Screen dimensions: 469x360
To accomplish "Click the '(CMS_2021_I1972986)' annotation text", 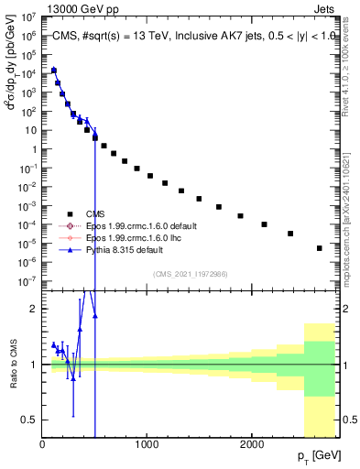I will pos(191,275).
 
